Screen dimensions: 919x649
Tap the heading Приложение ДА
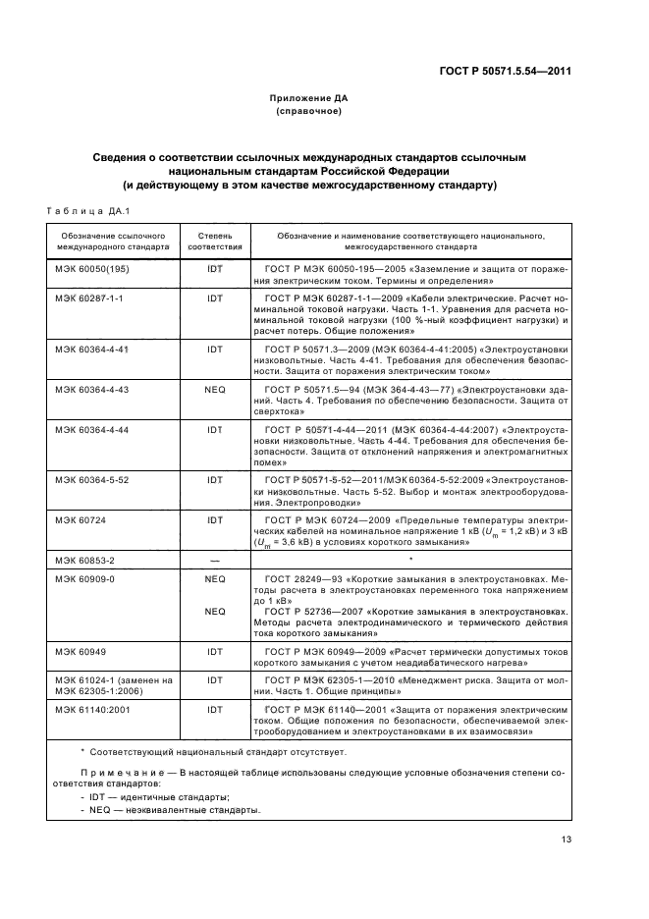tap(308, 98)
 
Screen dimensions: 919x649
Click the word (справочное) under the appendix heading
tap(308, 111)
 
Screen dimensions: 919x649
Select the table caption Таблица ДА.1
tap(81, 210)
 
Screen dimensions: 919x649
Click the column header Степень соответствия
tap(215, 242)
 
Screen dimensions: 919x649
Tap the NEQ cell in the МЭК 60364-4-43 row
tap(215, 390)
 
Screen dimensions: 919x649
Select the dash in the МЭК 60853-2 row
tap(215, 560)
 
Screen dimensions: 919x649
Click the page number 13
tap(567, 838)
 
